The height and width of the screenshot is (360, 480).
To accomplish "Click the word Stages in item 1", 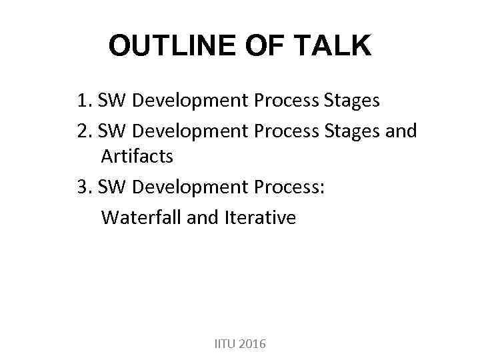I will (x=351, y=101).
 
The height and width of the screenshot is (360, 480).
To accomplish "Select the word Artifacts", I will (x=137, y=157).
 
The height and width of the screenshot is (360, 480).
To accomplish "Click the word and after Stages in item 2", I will (x=401, y=130).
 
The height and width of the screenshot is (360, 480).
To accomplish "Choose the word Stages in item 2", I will (x=351, y=130).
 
